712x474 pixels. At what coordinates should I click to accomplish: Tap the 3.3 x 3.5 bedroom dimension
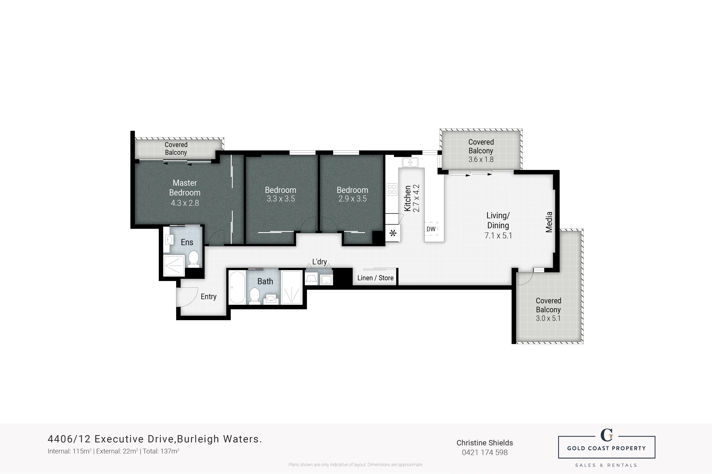pyautogui.click(x=280, y=199)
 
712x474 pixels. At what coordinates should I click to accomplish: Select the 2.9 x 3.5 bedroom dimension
pyautogui.click(x=352, y=199)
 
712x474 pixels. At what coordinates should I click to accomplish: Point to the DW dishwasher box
pyautogui.click(x=431, y=229)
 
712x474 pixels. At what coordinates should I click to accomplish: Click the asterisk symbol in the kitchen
pyautogui.click(x=393, y=233)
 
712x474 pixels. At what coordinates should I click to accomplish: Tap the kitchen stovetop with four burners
pyautogui.click(x=392, y=190)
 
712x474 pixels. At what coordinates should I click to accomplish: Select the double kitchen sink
pyautogui.click(x=410, y=162)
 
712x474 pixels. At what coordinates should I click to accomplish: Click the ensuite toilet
pyautogui.click(x=193, y=259)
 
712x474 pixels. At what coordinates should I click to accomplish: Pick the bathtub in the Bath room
pyautogui.click(x=237, y=287)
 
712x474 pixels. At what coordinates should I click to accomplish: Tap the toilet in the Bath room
pyautogui.click(x=255, y=296)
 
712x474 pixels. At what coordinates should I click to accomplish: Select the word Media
pyautogui.click(x=549, y=222)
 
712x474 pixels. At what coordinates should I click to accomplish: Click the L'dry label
pyautogui.click(x=319, y=262)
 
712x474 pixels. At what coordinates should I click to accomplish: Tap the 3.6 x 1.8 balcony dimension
pyautogui.click(x=481, y=159)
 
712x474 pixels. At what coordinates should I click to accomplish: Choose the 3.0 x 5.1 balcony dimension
pyautogui.click(x=548, y=318)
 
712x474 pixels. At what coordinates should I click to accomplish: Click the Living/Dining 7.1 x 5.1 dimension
pyautogui.click(x=498, y=236)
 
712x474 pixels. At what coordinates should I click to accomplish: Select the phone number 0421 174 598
pyautogui.click(x=484, y=453)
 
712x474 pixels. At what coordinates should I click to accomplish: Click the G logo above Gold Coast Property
pyautogui.click(x=606, y=436)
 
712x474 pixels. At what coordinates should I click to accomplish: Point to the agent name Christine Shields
pyautogui.click(x=484, y=443)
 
